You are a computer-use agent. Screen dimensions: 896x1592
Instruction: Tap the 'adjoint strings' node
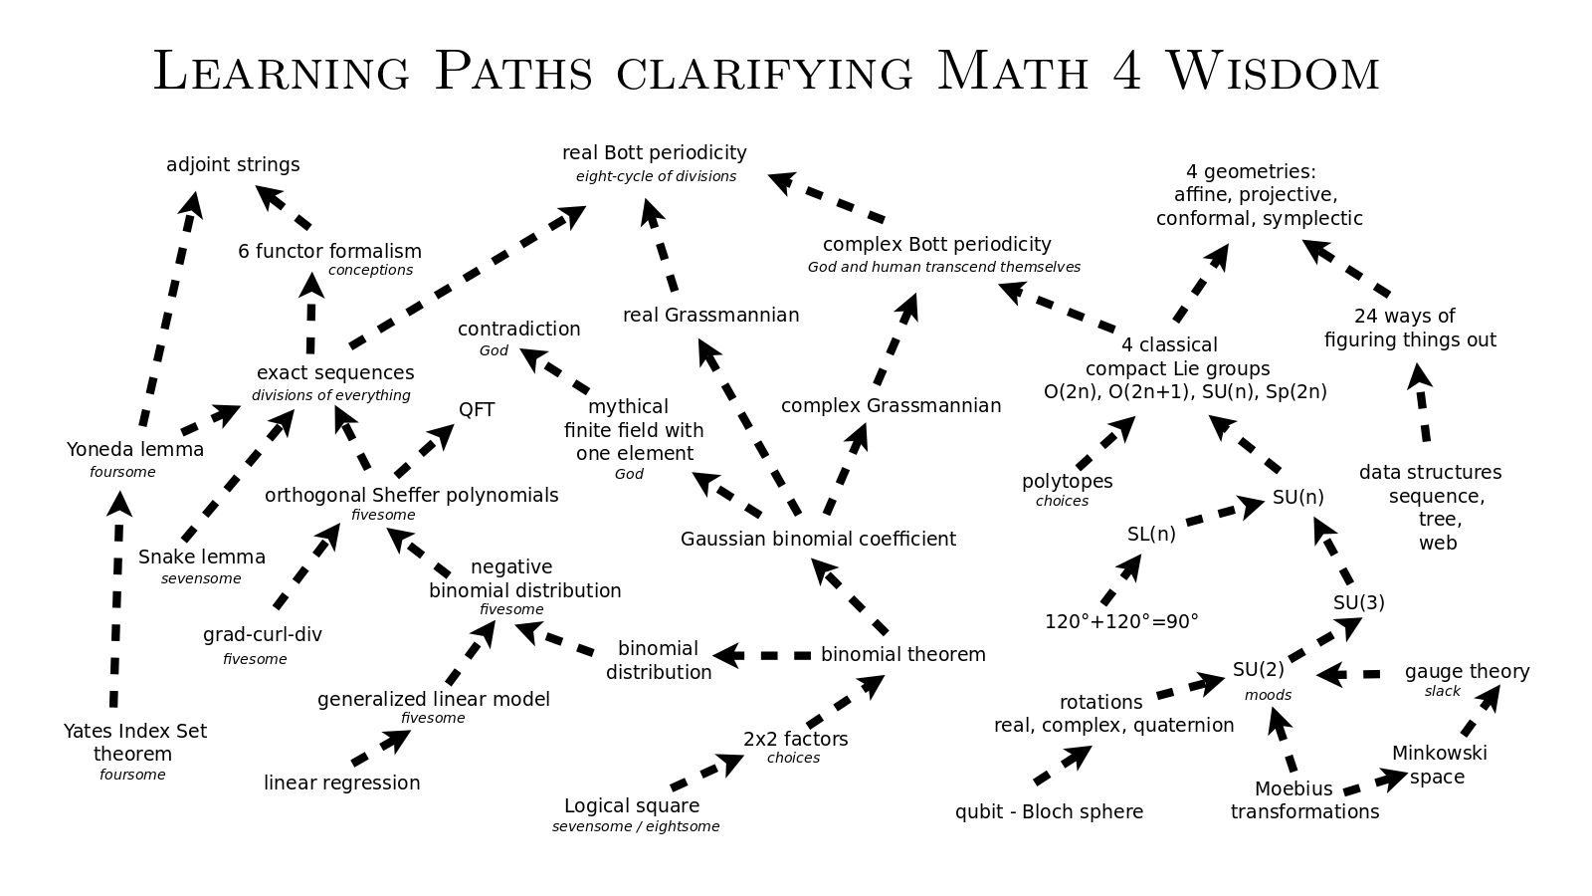(233, 164)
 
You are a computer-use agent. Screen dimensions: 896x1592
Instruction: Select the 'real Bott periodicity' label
(654, 152)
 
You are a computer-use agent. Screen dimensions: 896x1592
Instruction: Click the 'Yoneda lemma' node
(135, 449)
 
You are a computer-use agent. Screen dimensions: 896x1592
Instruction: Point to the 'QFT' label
(477, 409)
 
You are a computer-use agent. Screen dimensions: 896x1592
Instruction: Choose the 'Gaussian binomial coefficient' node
(818, 539)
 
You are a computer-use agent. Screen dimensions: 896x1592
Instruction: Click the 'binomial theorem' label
(902, 654)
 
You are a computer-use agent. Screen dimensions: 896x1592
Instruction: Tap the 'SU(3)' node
(1358, 602)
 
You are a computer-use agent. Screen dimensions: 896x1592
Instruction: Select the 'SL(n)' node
(1151, 534)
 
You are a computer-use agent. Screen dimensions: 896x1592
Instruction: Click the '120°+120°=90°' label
(1121, 621)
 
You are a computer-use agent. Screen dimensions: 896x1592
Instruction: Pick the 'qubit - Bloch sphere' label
(1049, 811)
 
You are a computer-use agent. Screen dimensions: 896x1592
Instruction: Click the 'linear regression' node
(341, 783)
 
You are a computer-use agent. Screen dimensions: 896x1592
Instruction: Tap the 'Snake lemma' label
(202, 557)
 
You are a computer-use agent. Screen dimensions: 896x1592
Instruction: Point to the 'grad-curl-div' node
(262, 634)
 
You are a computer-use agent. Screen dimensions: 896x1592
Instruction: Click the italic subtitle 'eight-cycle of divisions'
(656, 176)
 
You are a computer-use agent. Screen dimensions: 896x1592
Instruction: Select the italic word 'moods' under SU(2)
(1268, 695)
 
